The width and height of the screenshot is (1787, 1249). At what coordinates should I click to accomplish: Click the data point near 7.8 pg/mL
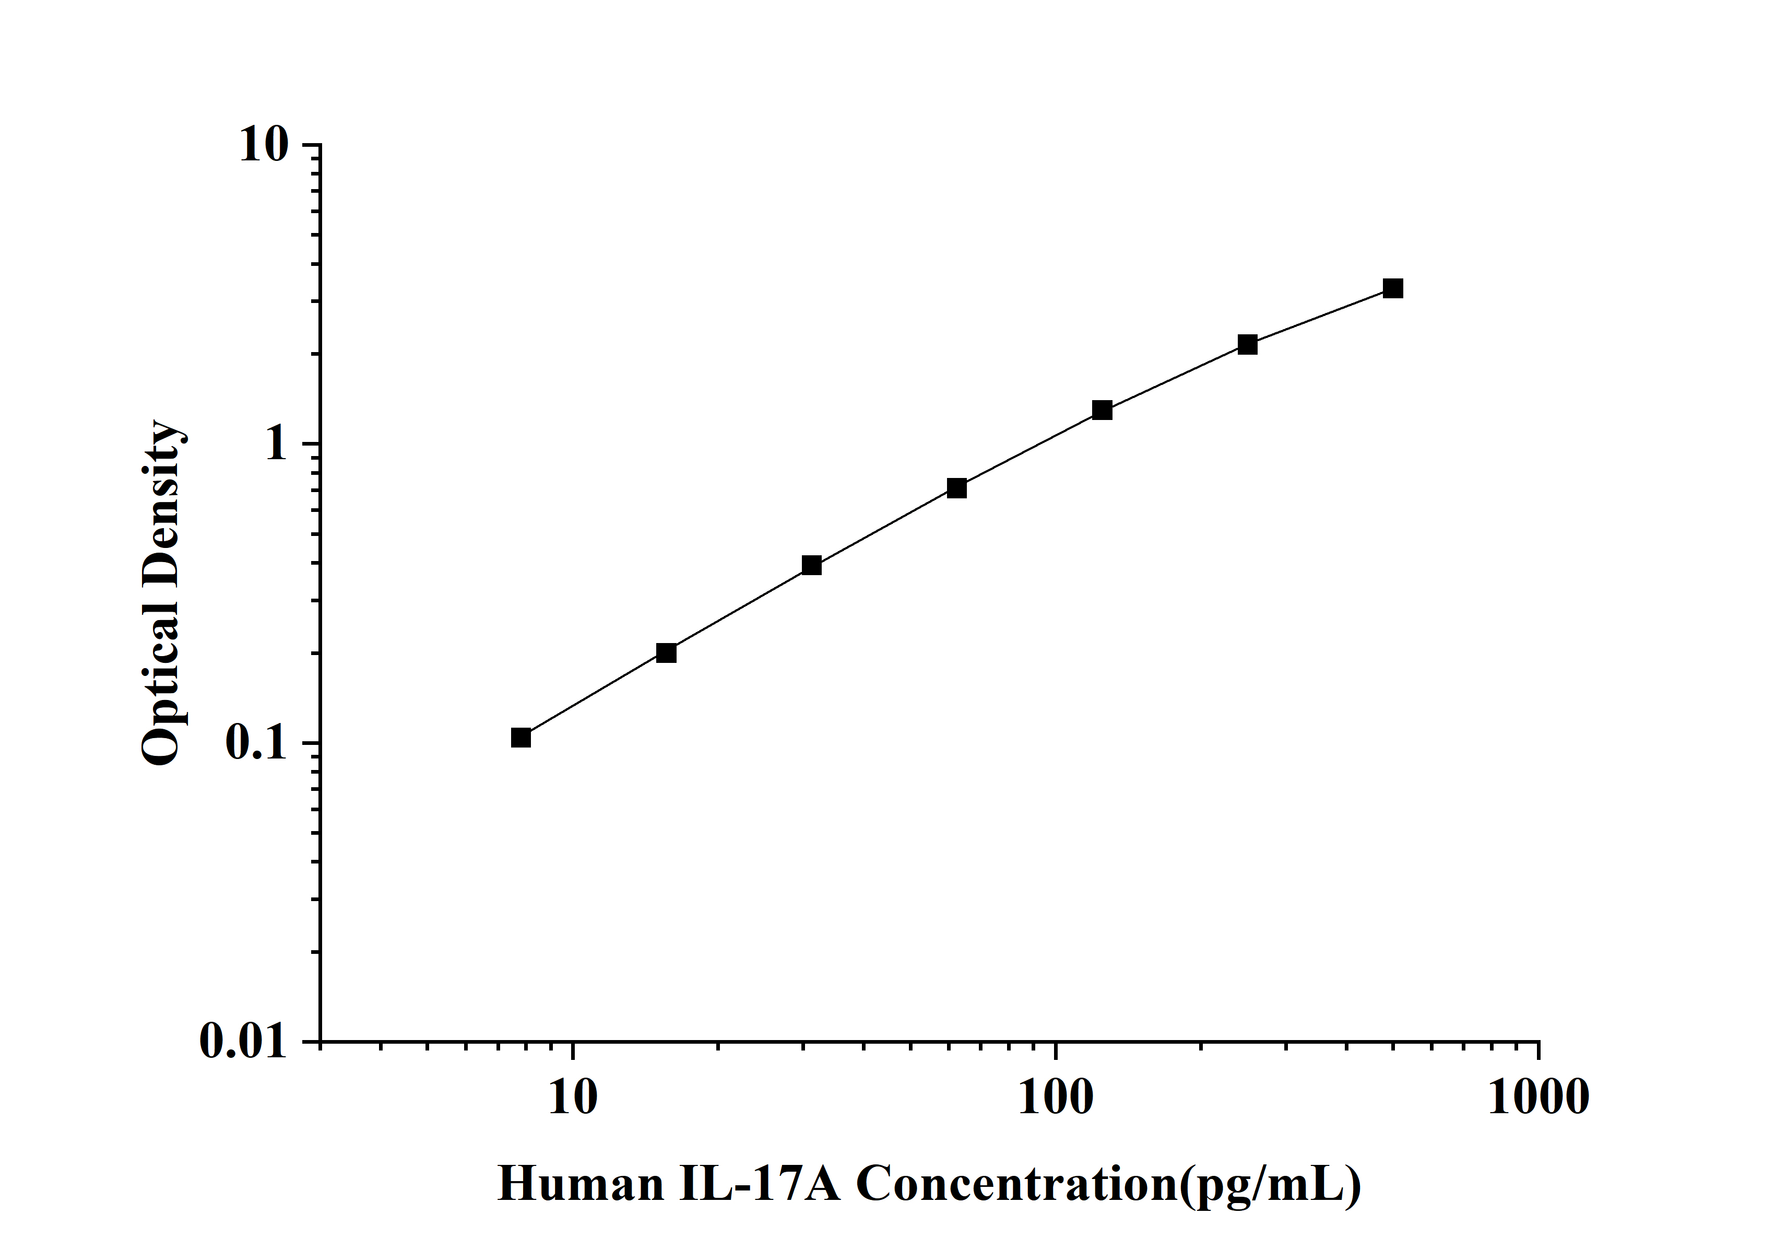(520, 738)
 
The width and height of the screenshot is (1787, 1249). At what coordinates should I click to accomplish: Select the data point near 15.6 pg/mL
(666, 652)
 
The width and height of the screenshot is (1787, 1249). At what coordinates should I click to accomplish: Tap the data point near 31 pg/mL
(812, 565)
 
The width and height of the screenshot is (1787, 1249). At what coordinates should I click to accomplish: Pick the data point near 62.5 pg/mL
(956, 488)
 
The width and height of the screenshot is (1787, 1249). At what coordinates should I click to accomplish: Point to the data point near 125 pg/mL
(1102, 411)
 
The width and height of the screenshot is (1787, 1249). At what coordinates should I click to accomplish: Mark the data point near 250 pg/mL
(1248, 345)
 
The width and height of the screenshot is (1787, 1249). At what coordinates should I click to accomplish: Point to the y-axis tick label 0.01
(243, 1041)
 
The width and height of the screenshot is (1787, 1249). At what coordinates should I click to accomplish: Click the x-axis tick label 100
(1056, 1098)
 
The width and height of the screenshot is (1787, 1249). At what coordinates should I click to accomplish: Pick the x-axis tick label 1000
(1539, 1098)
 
